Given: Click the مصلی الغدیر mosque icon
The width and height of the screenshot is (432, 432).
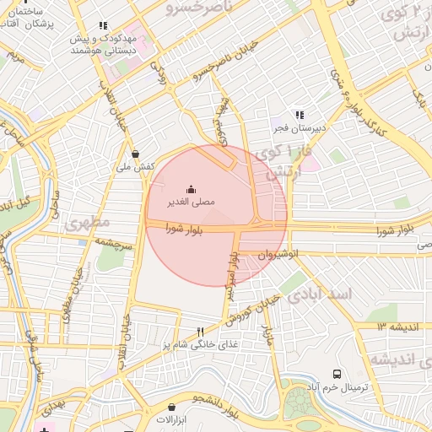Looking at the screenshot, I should pos(191,189).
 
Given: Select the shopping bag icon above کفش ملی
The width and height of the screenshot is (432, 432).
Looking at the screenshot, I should pos(136,154).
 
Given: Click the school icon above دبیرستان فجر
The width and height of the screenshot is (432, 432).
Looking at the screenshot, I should pos(298,115).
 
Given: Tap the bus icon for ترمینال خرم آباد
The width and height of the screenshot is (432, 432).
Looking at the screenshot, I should pos(337,374).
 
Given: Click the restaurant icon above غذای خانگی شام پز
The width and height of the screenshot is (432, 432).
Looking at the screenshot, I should pos(200,332).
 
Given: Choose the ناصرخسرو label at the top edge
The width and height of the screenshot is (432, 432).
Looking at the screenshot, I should pos(186,8).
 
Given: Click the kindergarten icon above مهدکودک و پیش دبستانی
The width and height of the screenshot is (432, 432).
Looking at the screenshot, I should pos(103,26).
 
